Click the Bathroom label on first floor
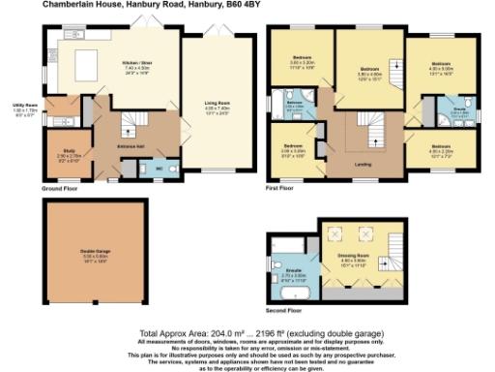295,102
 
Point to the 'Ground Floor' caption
59,189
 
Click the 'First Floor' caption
280,189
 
